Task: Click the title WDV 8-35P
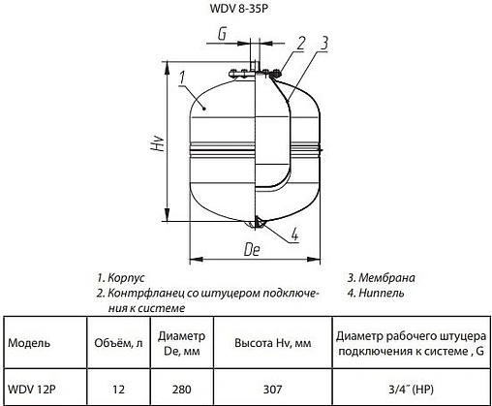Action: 246,12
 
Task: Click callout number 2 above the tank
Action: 300,42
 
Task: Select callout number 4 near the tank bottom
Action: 293,233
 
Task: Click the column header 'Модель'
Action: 30,342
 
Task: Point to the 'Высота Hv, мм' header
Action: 274,342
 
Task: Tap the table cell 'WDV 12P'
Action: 31,390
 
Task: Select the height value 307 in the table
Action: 274,390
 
